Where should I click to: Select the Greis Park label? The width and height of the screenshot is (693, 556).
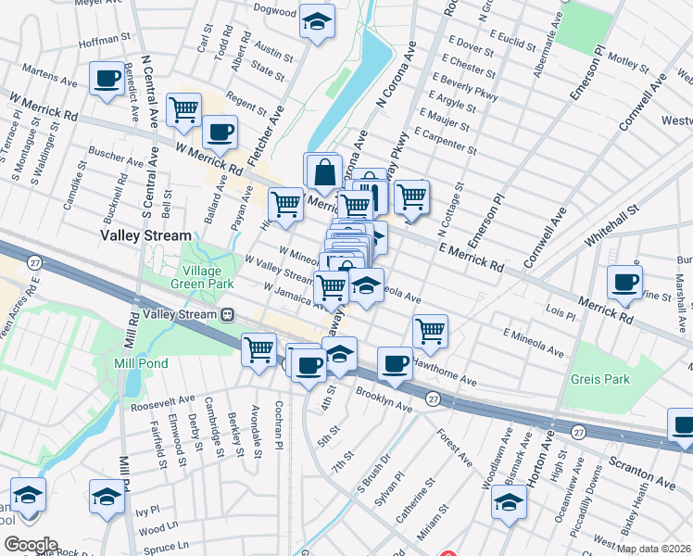(x=600, y=379)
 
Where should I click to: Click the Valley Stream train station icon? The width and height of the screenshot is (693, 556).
(x=226, y=314)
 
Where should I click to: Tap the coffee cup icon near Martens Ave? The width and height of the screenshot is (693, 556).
(x=107, y=78)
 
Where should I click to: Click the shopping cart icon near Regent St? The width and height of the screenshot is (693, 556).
(x=184, y=109)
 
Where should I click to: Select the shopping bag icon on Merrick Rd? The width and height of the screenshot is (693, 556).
(x=324, y=171)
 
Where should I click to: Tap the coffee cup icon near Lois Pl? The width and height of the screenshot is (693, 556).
(x=624, y=282)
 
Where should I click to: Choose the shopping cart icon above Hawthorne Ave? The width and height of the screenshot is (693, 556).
(x=430, y=329)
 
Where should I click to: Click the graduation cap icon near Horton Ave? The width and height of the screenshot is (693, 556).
(x=509, y=501)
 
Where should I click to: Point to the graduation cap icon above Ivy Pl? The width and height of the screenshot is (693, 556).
(x=107, y=496)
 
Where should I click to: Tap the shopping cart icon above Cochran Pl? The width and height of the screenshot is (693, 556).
(x=258, y=349)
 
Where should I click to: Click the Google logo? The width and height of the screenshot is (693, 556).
(x=31, y=544)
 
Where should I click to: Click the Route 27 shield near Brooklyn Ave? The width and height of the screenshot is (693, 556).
(x=433, y=398)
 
